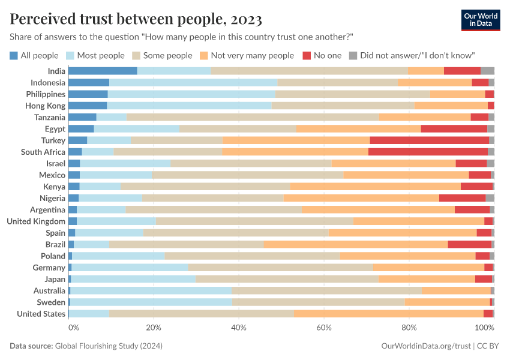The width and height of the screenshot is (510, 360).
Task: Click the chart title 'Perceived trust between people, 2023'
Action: (x=136, y=19)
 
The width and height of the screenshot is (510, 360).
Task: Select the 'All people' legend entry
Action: (x=34, y=55)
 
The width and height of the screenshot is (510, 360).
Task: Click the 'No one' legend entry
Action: (x=322, y=55)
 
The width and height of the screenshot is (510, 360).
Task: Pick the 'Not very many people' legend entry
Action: (x=247, y=55)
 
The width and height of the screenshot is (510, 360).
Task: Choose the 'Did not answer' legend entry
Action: (x=412, y=55)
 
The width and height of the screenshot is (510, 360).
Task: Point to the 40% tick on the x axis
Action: (x=239, y=328)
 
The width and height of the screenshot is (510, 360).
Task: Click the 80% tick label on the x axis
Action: (x=409, y=328)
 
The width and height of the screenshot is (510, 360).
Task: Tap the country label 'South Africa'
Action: (x=43, y=152)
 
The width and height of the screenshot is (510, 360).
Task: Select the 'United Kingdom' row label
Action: (x=36, y=221)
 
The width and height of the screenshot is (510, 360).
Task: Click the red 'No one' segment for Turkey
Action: (x=429, y=140)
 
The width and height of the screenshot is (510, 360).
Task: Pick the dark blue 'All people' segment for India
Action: (x=103, y=71)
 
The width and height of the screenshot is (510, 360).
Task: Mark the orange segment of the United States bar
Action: (x=388, y=314)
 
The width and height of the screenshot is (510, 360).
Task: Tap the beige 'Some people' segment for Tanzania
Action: (x=253, y=117)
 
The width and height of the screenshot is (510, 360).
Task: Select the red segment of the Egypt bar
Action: (x=454, y=128)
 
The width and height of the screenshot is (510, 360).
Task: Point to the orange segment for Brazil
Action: (x=355, y=244)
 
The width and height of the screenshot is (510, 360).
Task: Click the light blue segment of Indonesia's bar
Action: (x=193, y=82)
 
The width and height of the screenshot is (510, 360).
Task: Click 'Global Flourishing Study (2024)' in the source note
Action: (x=109, y=346)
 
